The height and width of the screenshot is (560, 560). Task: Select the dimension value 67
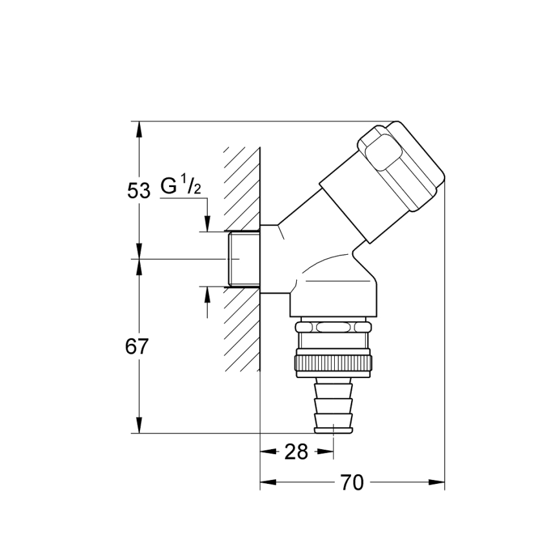point(137,346)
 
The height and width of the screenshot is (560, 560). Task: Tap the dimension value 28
point(296,452)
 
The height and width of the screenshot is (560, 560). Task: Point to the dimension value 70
point(352,482)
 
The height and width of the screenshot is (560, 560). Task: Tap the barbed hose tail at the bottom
point(334,407)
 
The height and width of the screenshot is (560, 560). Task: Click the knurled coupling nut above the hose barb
point(333,365)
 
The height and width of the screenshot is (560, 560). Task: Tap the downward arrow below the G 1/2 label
point(206,223)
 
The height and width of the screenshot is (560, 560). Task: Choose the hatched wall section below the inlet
point(242,329)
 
